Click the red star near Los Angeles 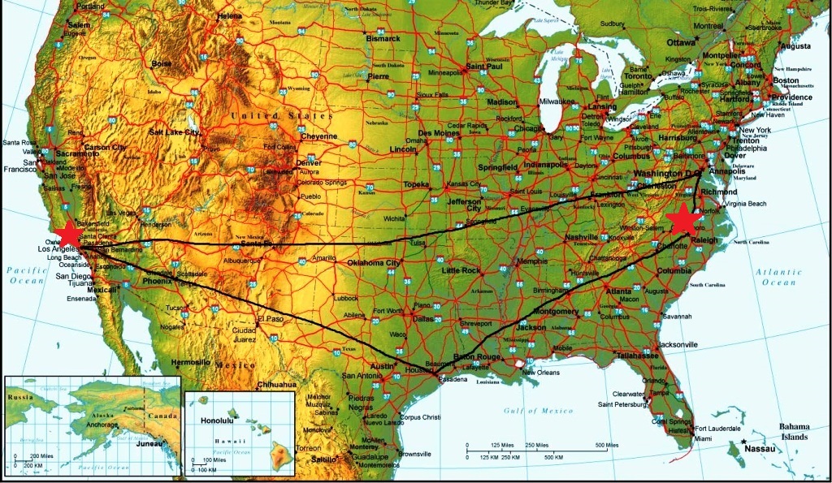69,234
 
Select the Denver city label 309,162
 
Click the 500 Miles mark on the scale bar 607,445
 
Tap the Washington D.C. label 667,174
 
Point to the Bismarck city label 383,38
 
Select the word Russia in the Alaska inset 21,397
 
